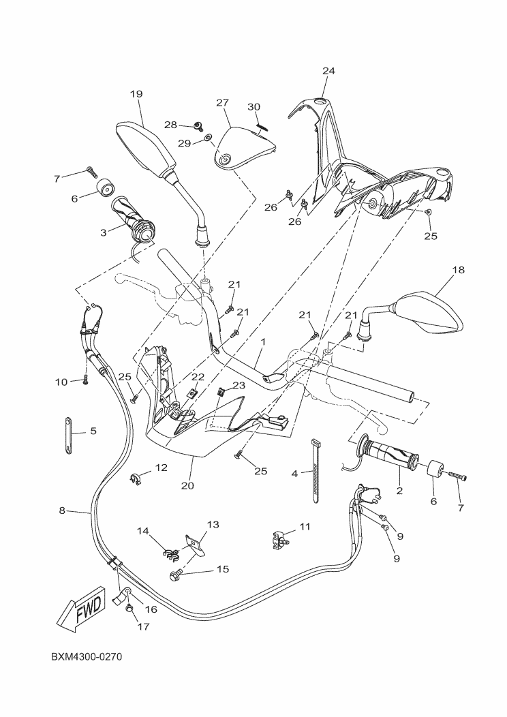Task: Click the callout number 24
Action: (329, 71)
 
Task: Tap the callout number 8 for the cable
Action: (62, 510)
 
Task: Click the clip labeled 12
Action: (135, 480)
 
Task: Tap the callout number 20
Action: (187, 486)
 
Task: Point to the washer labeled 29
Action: (206, 142)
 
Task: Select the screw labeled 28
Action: (198, 126)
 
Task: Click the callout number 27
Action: (222, 102)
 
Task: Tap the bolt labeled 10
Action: (87, 380)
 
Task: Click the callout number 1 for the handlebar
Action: (262, 341)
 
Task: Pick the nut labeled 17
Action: (129, 608)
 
